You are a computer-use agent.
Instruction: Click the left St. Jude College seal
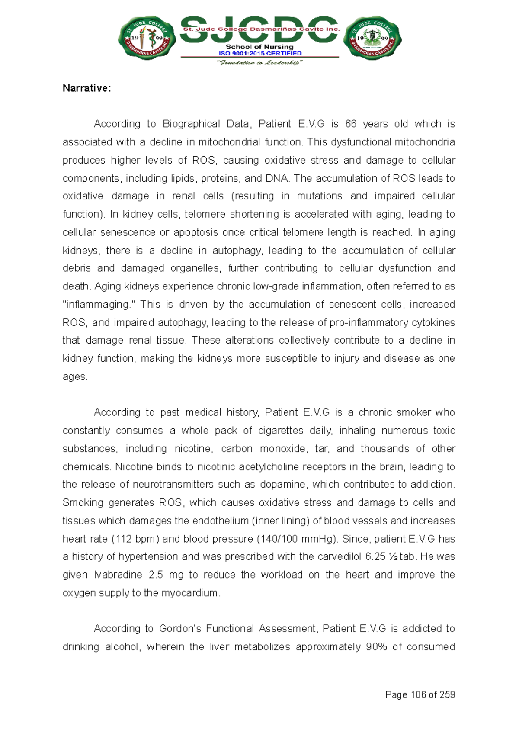pyautogui.click(x=147, y=39)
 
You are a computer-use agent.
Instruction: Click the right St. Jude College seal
pyautogui.click(x=372, y=39)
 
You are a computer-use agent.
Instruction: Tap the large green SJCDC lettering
pyautogui.click(x=259, y=29)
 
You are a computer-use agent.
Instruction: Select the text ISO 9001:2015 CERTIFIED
pyautogui.click(x=260, y=54)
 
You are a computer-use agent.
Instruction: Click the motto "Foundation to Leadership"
pyautogui.click(x=259, y=63)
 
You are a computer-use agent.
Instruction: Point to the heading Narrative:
pyautogui.click(x=87, y=88)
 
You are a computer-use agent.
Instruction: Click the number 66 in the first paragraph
pyautogui.click(x=351, y=124)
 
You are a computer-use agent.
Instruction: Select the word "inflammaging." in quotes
pyautogui.click(x=99, y=305)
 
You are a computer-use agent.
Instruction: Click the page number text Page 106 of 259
pyautogui.click(x=420, y=695)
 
